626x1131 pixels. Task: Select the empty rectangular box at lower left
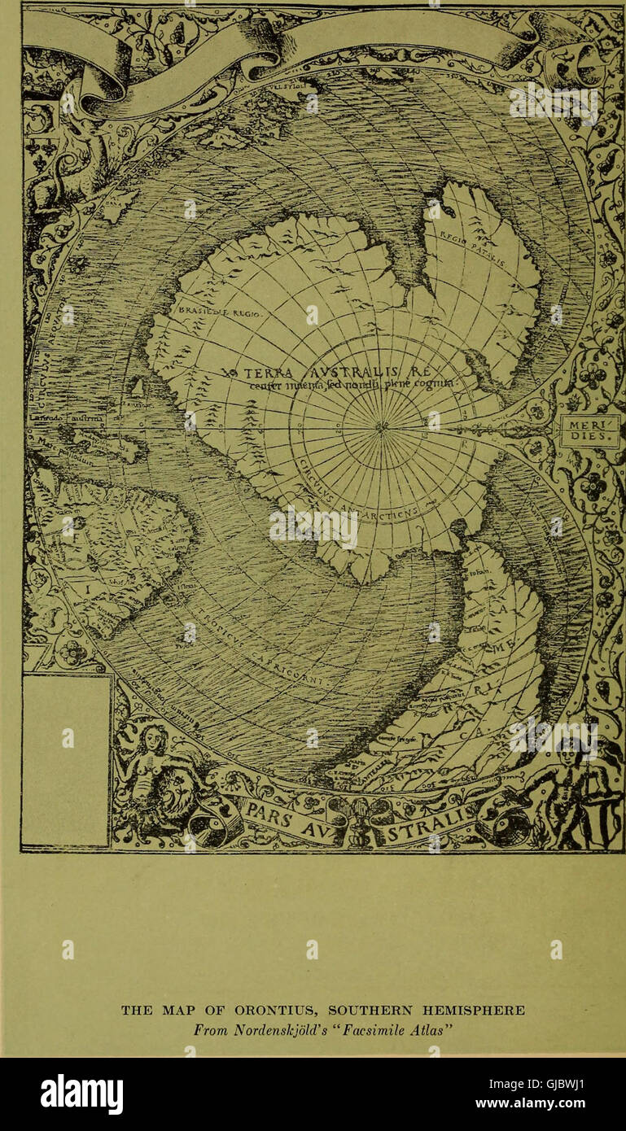coord(66,760)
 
